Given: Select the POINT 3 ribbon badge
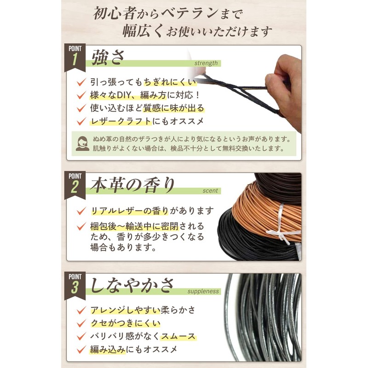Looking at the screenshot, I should tap(75, 286).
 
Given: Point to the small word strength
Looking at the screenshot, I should tap(206, 63).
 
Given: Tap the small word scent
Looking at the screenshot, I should tap(211, 191).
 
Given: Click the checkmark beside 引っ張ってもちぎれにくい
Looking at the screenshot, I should tap(81, 82).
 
